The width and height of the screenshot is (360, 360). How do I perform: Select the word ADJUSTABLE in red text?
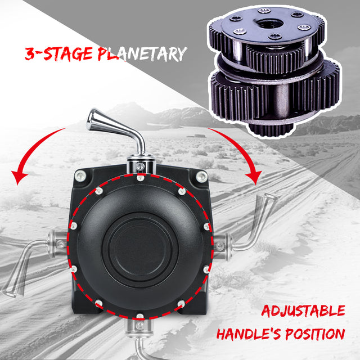[303, 311]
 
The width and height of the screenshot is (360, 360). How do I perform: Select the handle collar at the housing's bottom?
[139, 325]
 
